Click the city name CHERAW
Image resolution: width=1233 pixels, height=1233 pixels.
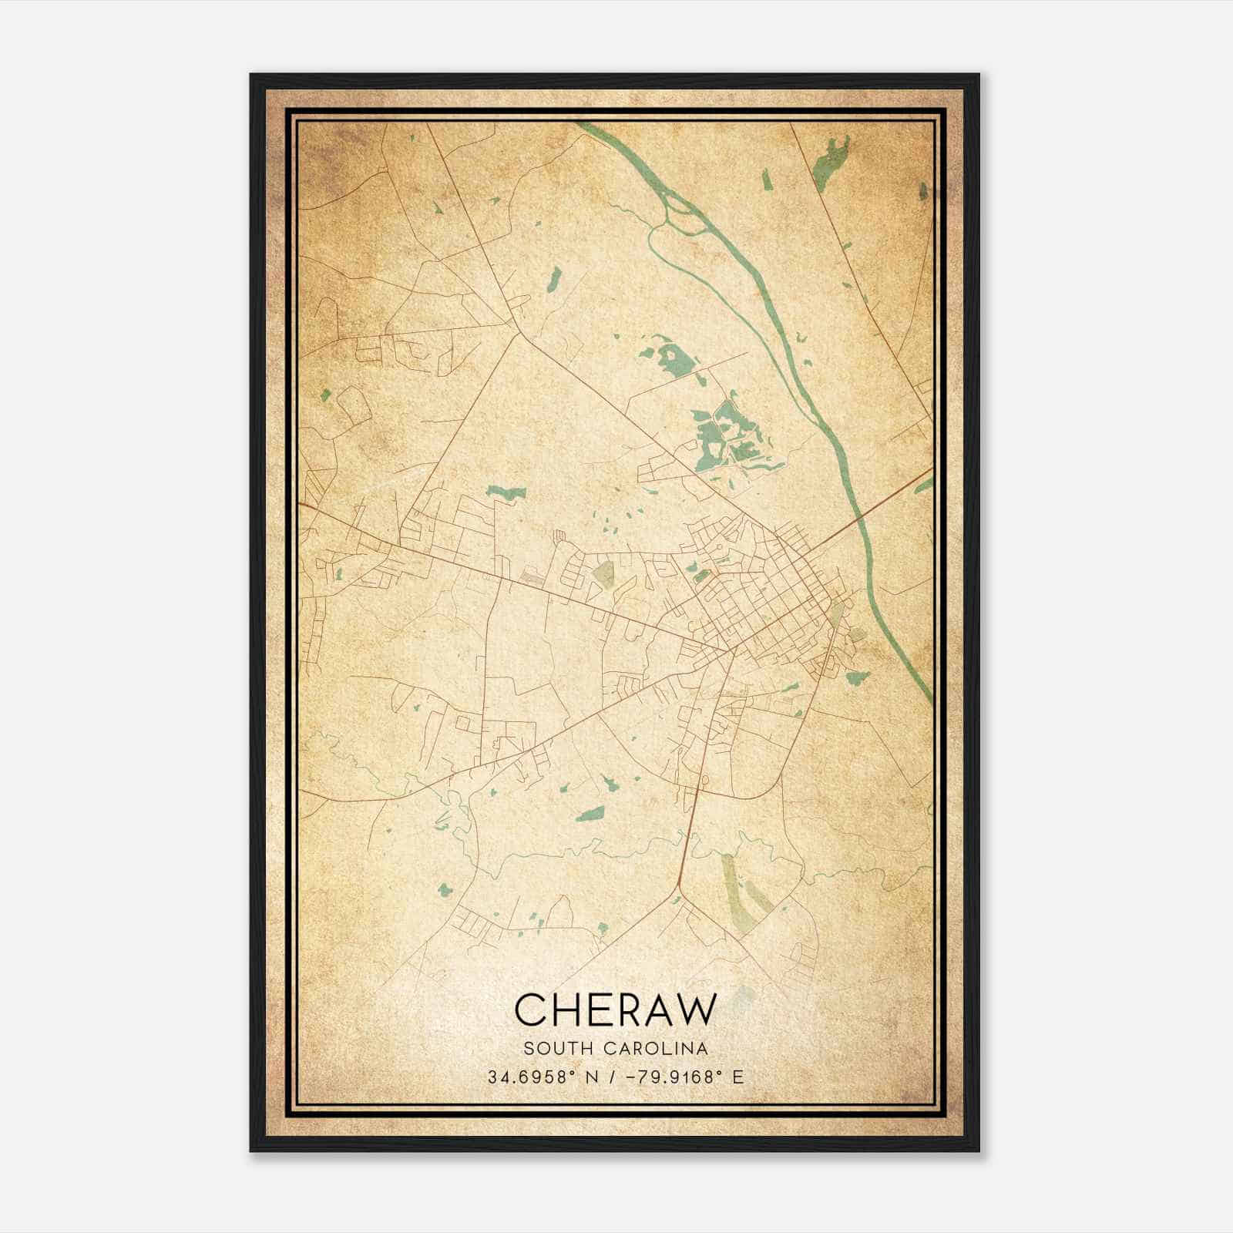(615, 1010)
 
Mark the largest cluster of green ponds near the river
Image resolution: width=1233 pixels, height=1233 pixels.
(728, 435)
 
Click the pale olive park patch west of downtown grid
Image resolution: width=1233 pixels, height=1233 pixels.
(603, 574)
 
